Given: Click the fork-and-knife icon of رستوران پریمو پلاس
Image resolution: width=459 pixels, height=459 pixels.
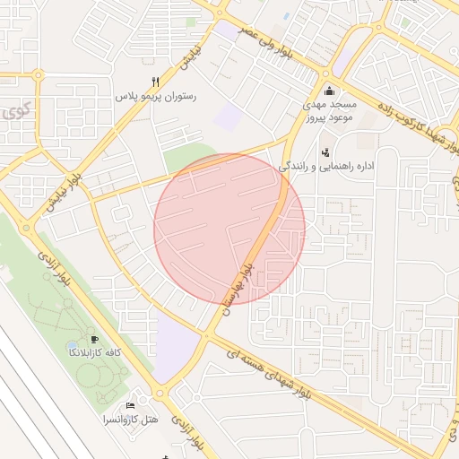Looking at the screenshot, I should (156, 81).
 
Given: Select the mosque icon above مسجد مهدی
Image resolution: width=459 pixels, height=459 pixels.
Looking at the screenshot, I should (329, 90).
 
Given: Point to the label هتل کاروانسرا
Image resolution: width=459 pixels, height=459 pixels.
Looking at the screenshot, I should (131, 419).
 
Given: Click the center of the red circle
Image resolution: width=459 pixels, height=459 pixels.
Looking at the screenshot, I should (229, 229).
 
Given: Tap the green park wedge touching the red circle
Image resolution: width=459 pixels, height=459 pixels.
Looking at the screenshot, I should (184, 160).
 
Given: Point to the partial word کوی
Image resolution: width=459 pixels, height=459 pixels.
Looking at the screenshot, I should (14, 113).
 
